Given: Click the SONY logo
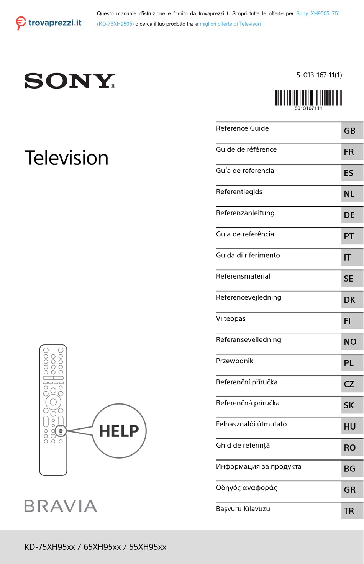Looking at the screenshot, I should coord(69,81).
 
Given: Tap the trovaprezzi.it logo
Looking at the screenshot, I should coord(49,23).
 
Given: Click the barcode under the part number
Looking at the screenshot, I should coord(308,98).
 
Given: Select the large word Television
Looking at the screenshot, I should coord(66,158).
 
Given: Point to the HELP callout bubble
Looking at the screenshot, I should coord(119,431).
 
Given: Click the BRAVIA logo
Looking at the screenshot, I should coord(61,506).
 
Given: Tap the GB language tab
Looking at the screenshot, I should coord(350,131).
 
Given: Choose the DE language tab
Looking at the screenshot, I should coord(349,215).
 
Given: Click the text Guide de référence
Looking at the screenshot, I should coord(246,149).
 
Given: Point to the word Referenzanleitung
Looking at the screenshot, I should coord(245,213).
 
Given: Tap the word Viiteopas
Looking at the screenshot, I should coord(231,318).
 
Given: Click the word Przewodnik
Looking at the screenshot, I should coord(234,361).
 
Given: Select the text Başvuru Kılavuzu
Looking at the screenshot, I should coord(243,509).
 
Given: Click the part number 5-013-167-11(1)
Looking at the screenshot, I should coord(319,75).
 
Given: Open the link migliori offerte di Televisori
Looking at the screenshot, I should coord(230,24).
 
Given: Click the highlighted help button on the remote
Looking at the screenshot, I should coord(61,431).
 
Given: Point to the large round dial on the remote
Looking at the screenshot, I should coord(53,402).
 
